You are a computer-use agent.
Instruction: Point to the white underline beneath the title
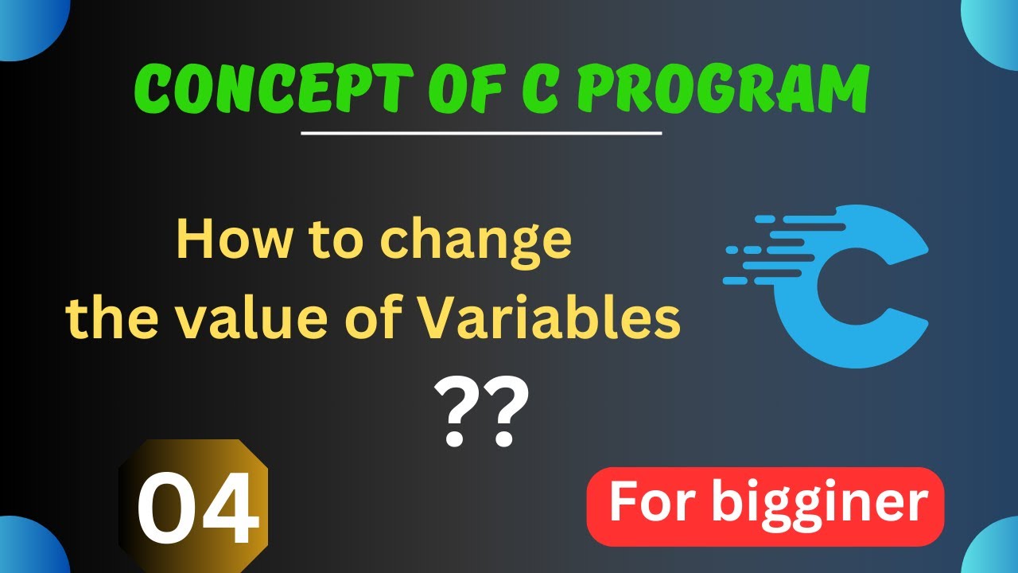click(x=481, y=133)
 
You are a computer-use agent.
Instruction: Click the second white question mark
click(x=507, y=414)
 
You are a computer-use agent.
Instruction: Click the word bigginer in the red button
click(x=820, y=504)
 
